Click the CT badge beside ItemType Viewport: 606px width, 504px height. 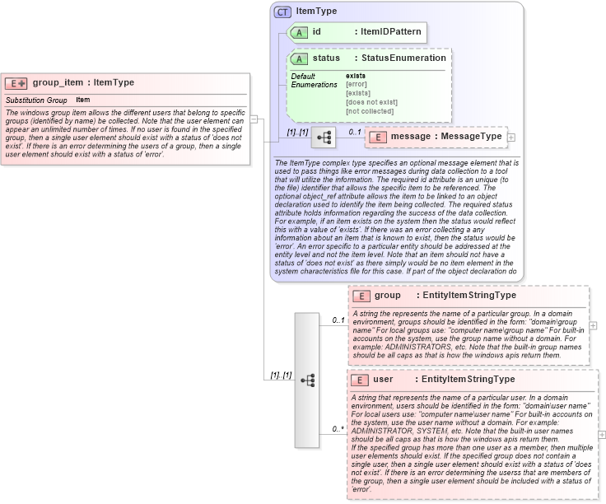282,12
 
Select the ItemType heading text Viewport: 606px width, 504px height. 316,12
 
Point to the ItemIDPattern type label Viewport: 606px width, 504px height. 390,32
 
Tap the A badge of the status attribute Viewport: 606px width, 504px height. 301,58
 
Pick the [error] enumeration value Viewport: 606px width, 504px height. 357,84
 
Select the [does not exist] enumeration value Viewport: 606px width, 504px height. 371,102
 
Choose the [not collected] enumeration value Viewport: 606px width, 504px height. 370,111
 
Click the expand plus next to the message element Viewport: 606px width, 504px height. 511,137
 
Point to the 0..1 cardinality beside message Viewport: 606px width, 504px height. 355,132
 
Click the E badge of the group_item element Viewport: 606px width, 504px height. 16,83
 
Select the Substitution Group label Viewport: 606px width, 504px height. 36,100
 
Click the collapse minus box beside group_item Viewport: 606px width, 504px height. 254,119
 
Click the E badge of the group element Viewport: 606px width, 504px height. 361,296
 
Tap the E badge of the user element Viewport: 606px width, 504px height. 359,380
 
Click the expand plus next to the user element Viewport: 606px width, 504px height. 601,435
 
